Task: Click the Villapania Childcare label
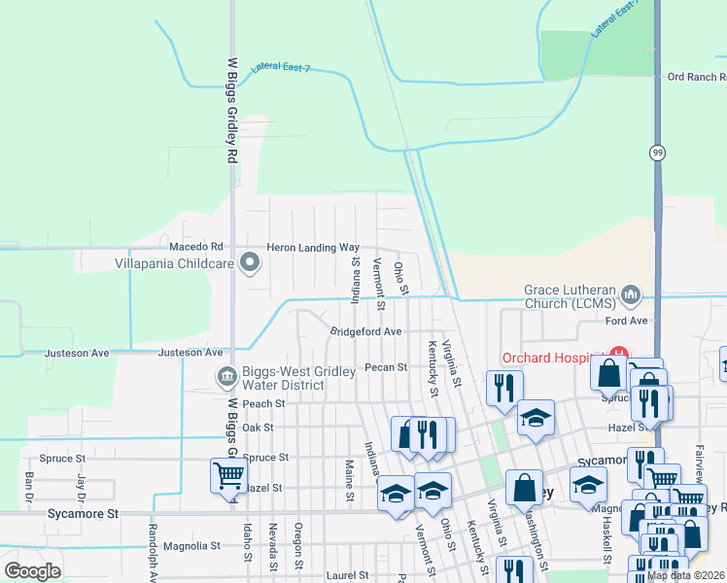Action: [174, 263]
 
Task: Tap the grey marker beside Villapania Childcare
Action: [251, 261]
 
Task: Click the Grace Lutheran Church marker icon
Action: [632, 292]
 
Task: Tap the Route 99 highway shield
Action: [658, 153]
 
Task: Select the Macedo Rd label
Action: [196, 248]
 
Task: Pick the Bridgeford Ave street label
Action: [365, 331]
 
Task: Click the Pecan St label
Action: [385, 367]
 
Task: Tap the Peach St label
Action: [263, 403]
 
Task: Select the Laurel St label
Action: [348, 575]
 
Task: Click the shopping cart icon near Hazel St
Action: [228, 476]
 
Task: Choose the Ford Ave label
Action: [626, 320]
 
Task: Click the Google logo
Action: [32, 571]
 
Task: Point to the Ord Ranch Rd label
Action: [695, 77]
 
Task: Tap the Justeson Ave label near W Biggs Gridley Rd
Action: [190, 353]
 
